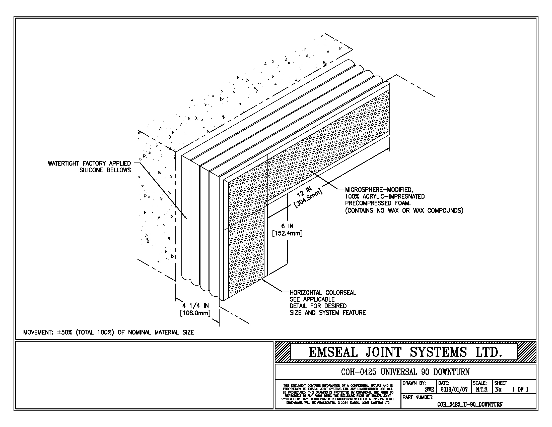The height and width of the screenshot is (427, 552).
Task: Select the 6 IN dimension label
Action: click(287, 226)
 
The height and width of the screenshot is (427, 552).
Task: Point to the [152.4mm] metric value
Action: click(287, 233)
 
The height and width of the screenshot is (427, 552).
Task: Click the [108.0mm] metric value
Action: click(195, 313)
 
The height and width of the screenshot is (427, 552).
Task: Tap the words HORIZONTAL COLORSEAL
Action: click(323, 293)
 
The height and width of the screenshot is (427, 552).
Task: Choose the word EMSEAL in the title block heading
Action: click(333, 352)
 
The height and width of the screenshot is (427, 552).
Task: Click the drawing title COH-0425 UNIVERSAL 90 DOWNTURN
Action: click(405, 372)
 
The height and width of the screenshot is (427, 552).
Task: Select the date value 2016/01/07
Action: click(454, 390)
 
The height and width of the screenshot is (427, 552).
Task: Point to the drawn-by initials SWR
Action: click(429, 390)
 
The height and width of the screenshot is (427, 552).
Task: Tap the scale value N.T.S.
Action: click(482, 390)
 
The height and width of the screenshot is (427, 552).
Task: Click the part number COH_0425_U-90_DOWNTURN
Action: click(470, 404)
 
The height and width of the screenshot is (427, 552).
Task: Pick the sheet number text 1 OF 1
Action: click(520, 390)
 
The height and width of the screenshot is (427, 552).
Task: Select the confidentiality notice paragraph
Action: click(338, 394)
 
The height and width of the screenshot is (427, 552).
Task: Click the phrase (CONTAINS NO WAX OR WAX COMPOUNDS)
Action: click(404, 210)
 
